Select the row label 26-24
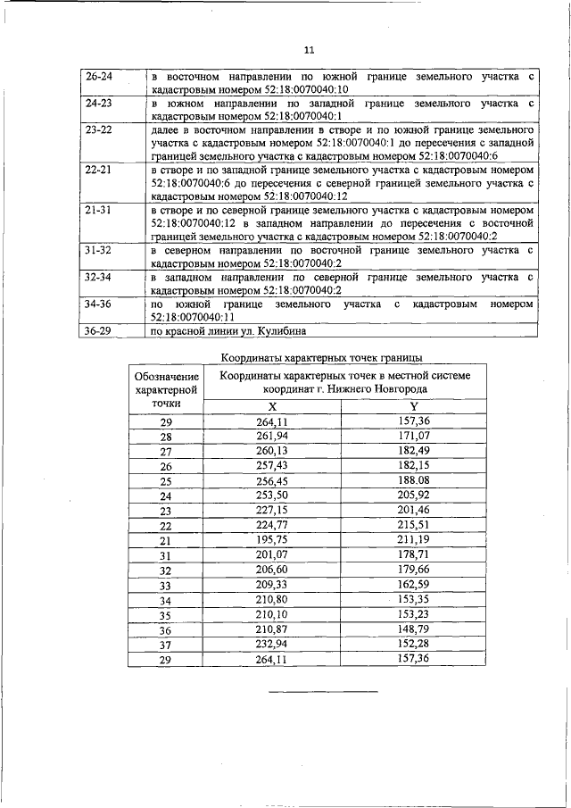pyautogui.click(x=98, y=78)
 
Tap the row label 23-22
pyautogui.click(x=98, y=129)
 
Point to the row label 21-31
pyautogui.click(x=98, y=209)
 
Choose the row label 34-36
pyautogui.click(x=98, y=304)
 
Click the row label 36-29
pyautogui.click(x=98, y=331)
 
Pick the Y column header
pyautogui.click(x=414, y=404)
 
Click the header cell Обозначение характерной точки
pyautogui.click(x=165, y=389)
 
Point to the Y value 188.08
pyautogui.click(x=414, y=480)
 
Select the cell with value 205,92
pyautogui.click(x=414, y=496)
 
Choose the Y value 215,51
pyautogui.click(x=414, y=525)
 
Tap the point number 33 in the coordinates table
pyautogui.click(x=165, y=585)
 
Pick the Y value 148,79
pyautogui.click(x=414, y=629)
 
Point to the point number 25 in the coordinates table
pyautogui.click(x=165, y=480)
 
